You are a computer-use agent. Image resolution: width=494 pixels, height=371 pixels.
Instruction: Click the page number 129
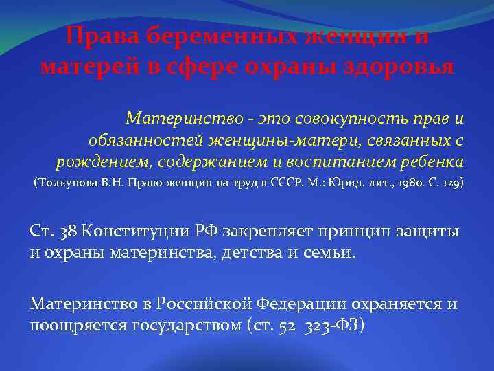pyautogui.click(x=449, y=184)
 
